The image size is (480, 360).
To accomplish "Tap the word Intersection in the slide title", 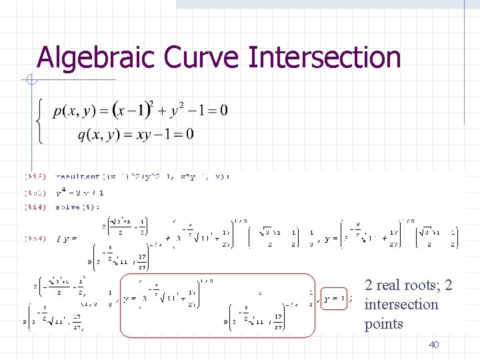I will click(324, 58).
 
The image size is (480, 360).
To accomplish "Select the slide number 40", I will click(434, 345).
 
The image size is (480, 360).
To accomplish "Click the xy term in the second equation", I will click(143, 134).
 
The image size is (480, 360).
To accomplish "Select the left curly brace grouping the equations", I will click(39, 121).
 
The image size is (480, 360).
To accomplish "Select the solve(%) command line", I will click(79, 207).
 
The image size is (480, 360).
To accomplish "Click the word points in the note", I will click(384, 324).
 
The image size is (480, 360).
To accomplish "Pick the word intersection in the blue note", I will click(401, 305).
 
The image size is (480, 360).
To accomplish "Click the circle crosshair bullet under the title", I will click(31, 81).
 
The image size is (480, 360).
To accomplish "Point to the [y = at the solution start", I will click(67, 238).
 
